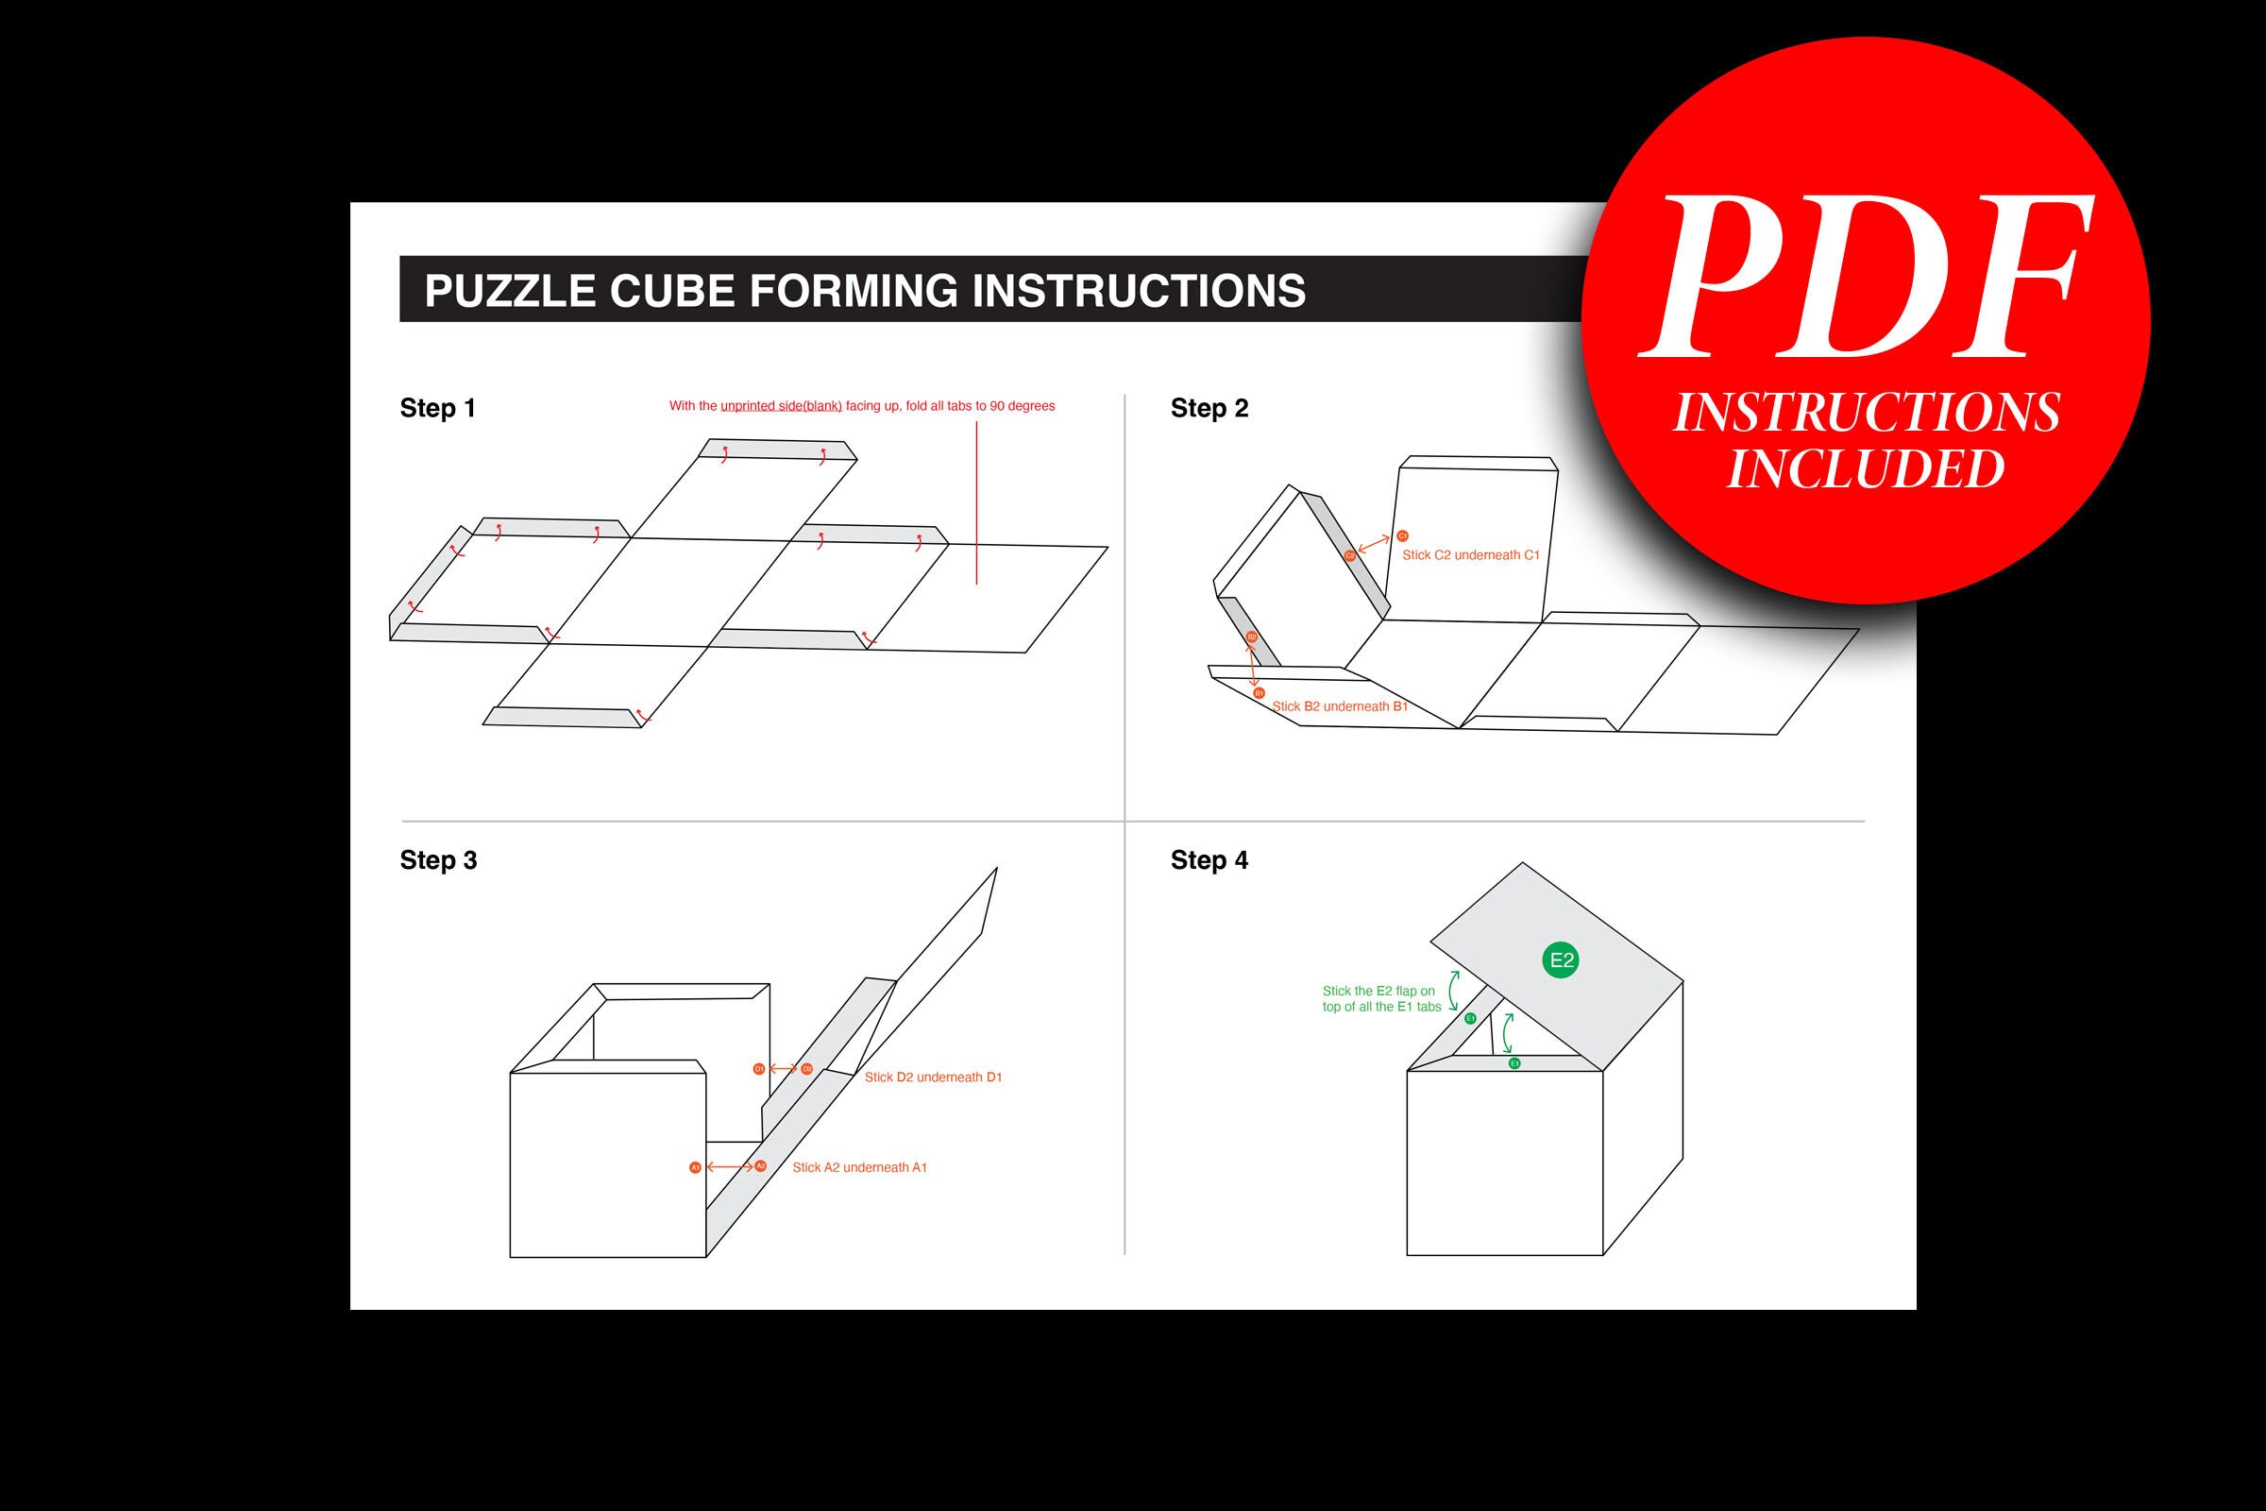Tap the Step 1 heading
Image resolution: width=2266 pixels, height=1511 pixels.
(437, 409)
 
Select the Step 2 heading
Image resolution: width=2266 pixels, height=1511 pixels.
(1209, 409)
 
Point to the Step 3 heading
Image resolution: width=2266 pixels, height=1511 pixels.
(438, 860)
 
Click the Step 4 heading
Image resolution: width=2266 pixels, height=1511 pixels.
(1209, 860)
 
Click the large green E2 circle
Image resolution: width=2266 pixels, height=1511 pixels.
(1560, 959)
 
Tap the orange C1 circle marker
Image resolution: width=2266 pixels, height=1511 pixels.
(1403, 535)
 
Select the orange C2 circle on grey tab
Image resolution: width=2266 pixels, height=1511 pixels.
(1350, 556)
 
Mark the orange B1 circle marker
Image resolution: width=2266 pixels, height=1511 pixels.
(1259, 693)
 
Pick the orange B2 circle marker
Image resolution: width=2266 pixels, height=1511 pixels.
(1252, 637)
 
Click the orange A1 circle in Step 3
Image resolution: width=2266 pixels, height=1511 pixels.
(696, 1168)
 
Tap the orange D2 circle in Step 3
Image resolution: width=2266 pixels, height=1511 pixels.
(806, 1069)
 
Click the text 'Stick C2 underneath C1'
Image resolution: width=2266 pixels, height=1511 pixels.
(1470, 555)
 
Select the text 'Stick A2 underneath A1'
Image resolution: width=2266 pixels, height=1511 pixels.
(859, 1168)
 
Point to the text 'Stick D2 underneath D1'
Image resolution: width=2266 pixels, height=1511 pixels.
(933, 1078)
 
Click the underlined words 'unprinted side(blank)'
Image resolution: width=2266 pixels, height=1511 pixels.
(781, 407)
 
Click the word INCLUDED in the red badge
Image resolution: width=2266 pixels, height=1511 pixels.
(1866, 469)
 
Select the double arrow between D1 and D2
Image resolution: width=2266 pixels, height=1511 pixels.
(783, 1069)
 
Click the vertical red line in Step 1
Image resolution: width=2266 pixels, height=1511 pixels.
(976, 501)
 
